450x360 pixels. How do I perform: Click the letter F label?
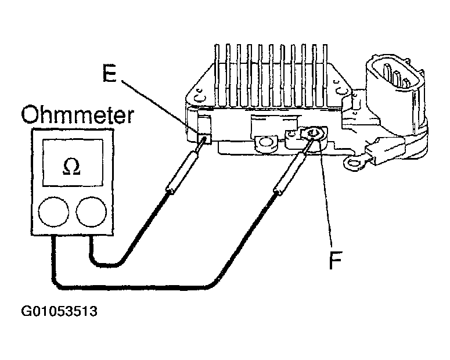coord(336,260)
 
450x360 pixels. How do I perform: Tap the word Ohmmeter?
coord(78,114)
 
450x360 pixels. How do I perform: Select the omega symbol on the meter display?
coord(72,167)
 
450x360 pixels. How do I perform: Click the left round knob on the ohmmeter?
coord(53,211)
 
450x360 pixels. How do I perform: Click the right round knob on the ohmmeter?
coord(91,211)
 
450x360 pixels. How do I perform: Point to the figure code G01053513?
coord(59,311)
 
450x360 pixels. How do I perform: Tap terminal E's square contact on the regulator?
coord(204,139)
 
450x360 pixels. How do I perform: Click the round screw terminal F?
coord(312,134)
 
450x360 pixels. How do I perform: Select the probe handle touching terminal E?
coord(182,172)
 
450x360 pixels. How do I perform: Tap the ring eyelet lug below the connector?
coord(353,164)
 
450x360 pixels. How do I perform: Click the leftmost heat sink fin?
coord(217,75)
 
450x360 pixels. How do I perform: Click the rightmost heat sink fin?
coord(325,75)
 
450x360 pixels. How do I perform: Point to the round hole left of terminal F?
coord(266,142)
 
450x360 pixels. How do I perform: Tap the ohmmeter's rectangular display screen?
coord(73,163)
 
